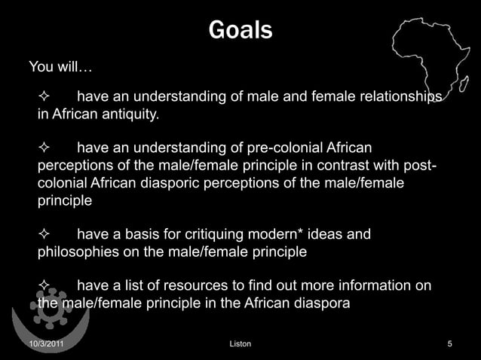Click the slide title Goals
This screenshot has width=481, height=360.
point(240,31)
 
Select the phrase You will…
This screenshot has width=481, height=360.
point(60,67)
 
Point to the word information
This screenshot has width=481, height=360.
point(372,286)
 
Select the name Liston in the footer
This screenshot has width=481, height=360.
point(240,344)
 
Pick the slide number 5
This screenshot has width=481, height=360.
point(449,344)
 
